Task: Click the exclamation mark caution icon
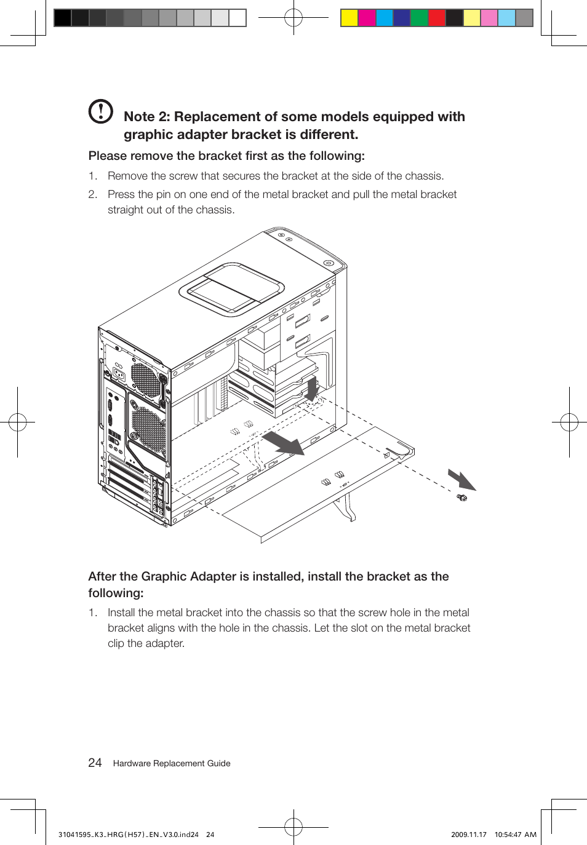(x=101, y=111)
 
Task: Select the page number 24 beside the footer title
(x=95, y=763)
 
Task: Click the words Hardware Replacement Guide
(x=172, y=763)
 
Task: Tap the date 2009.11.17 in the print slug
(x=468, y=835)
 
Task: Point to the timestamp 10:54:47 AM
(x=515, y=835)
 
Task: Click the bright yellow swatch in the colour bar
(x=349, y=18)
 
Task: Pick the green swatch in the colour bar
(x=419, y=18)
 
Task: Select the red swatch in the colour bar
(x=437, y=18)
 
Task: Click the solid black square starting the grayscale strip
(x=63, y=18)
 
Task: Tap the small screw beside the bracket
(x=462, y=497)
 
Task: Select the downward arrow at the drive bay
(x=312, y=389)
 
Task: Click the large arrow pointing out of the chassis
(x=284, y=443)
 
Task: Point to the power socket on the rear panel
(x=119, y=375)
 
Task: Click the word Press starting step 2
(x=121, y=194)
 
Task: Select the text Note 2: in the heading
(x=146, y=117)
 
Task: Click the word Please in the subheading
(x=106, y=156)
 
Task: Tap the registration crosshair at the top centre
(x=293, y=18)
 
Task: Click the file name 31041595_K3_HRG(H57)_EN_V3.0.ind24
(x=128, y=835)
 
